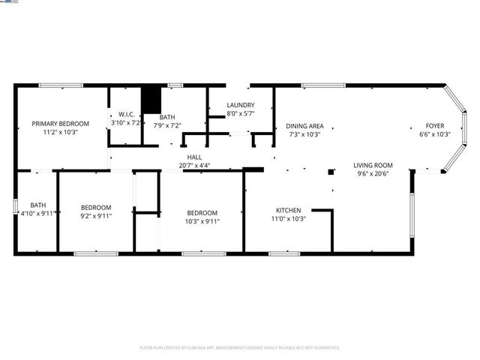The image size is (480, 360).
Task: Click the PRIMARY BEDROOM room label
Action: tap(60, 123)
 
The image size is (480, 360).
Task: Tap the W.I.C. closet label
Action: tap(125, 114)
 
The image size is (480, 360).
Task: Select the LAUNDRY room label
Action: tap(241, 106)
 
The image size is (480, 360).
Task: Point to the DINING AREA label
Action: tap(305, 126)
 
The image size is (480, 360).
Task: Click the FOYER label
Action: tap(435, 126)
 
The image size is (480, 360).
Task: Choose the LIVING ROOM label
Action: tap(373, 165)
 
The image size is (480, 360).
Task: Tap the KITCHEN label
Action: tap(288, 211)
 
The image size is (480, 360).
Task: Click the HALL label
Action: tap(194, 157)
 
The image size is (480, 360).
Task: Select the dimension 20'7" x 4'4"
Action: tap(194, 165)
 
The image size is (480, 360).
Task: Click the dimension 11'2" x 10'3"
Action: tap(60, 131)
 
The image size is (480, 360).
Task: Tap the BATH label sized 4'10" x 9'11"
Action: tap(37, 205)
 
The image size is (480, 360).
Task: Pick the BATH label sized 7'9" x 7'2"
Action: tap(167, 117)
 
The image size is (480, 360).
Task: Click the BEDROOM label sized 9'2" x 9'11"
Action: tap(96, 208)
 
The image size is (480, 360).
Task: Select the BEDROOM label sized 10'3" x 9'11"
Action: tap(202, 212)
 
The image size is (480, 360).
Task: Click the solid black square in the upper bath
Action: tap(151, 100)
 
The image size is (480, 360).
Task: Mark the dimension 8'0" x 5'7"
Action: tap(241, 114)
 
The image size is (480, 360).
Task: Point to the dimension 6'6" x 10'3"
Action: tap(435, 134)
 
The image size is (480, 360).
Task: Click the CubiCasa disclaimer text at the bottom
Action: tap(240, 347)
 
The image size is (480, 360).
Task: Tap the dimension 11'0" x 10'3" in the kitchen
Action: tap(288, 219)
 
